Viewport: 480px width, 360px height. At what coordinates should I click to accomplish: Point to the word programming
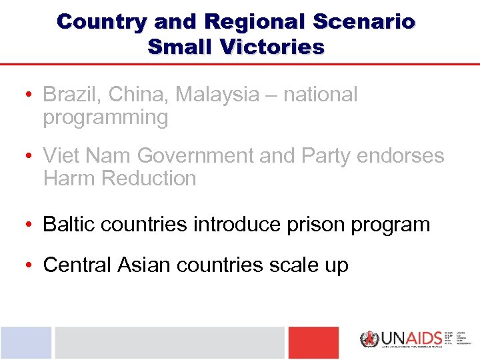(105, 118)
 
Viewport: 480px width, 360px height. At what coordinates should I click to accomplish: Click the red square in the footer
(313, 343)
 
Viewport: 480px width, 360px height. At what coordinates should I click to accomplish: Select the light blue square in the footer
(26, 343)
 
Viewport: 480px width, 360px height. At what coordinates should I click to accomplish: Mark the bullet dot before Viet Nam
(31, 156)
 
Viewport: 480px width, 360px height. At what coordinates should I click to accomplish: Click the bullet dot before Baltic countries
(31, 225)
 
